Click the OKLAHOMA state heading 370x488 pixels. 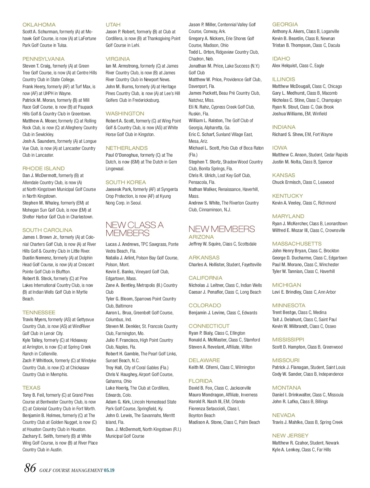pos(39,25)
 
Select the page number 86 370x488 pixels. pos(31,468)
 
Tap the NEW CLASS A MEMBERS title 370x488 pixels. pos(134,229)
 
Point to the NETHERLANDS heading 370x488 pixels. pos(126,148)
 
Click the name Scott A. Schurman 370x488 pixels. pos(40,32)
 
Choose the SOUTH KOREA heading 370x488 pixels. pos(125,182)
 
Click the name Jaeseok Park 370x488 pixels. pos(118,189)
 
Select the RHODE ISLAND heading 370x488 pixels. pos(43,168)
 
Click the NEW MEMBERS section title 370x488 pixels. pos(221,229)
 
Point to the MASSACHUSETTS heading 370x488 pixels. pos(297,244)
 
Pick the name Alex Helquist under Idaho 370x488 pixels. pos(284,66)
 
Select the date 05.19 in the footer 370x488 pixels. pos(109,470)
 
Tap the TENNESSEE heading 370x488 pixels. pos(39,312)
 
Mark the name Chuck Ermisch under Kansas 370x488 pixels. pos(286,182)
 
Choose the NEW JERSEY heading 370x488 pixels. pos(290,436)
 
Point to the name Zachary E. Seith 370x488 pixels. pos(38,436)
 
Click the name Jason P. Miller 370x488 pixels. pos(202,25)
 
